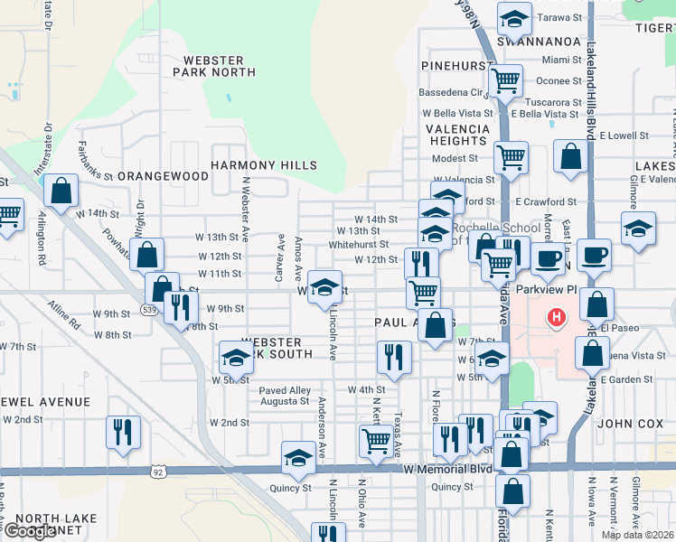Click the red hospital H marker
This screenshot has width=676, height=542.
point(558,318)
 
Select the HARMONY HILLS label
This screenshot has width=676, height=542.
point(264,165)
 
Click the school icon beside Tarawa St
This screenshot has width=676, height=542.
point(513,18)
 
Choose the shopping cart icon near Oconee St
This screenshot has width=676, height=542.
point(505,80)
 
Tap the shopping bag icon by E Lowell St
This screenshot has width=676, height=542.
point(570,155)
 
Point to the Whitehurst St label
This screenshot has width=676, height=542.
point(359,244)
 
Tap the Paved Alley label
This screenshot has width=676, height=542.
point(285,391)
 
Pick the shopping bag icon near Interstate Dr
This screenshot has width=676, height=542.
point(60,191)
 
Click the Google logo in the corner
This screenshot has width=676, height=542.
point(30,532)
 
